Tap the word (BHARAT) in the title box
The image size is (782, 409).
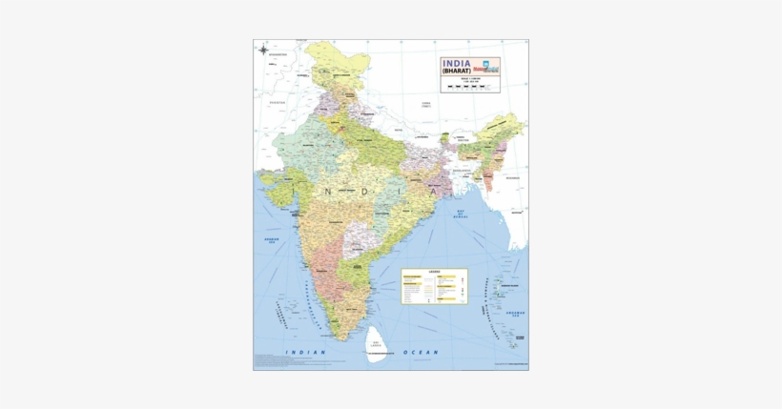461,72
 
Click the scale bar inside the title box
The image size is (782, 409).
470,87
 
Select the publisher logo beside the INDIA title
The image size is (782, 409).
489,67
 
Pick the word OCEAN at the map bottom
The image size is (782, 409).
420,353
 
